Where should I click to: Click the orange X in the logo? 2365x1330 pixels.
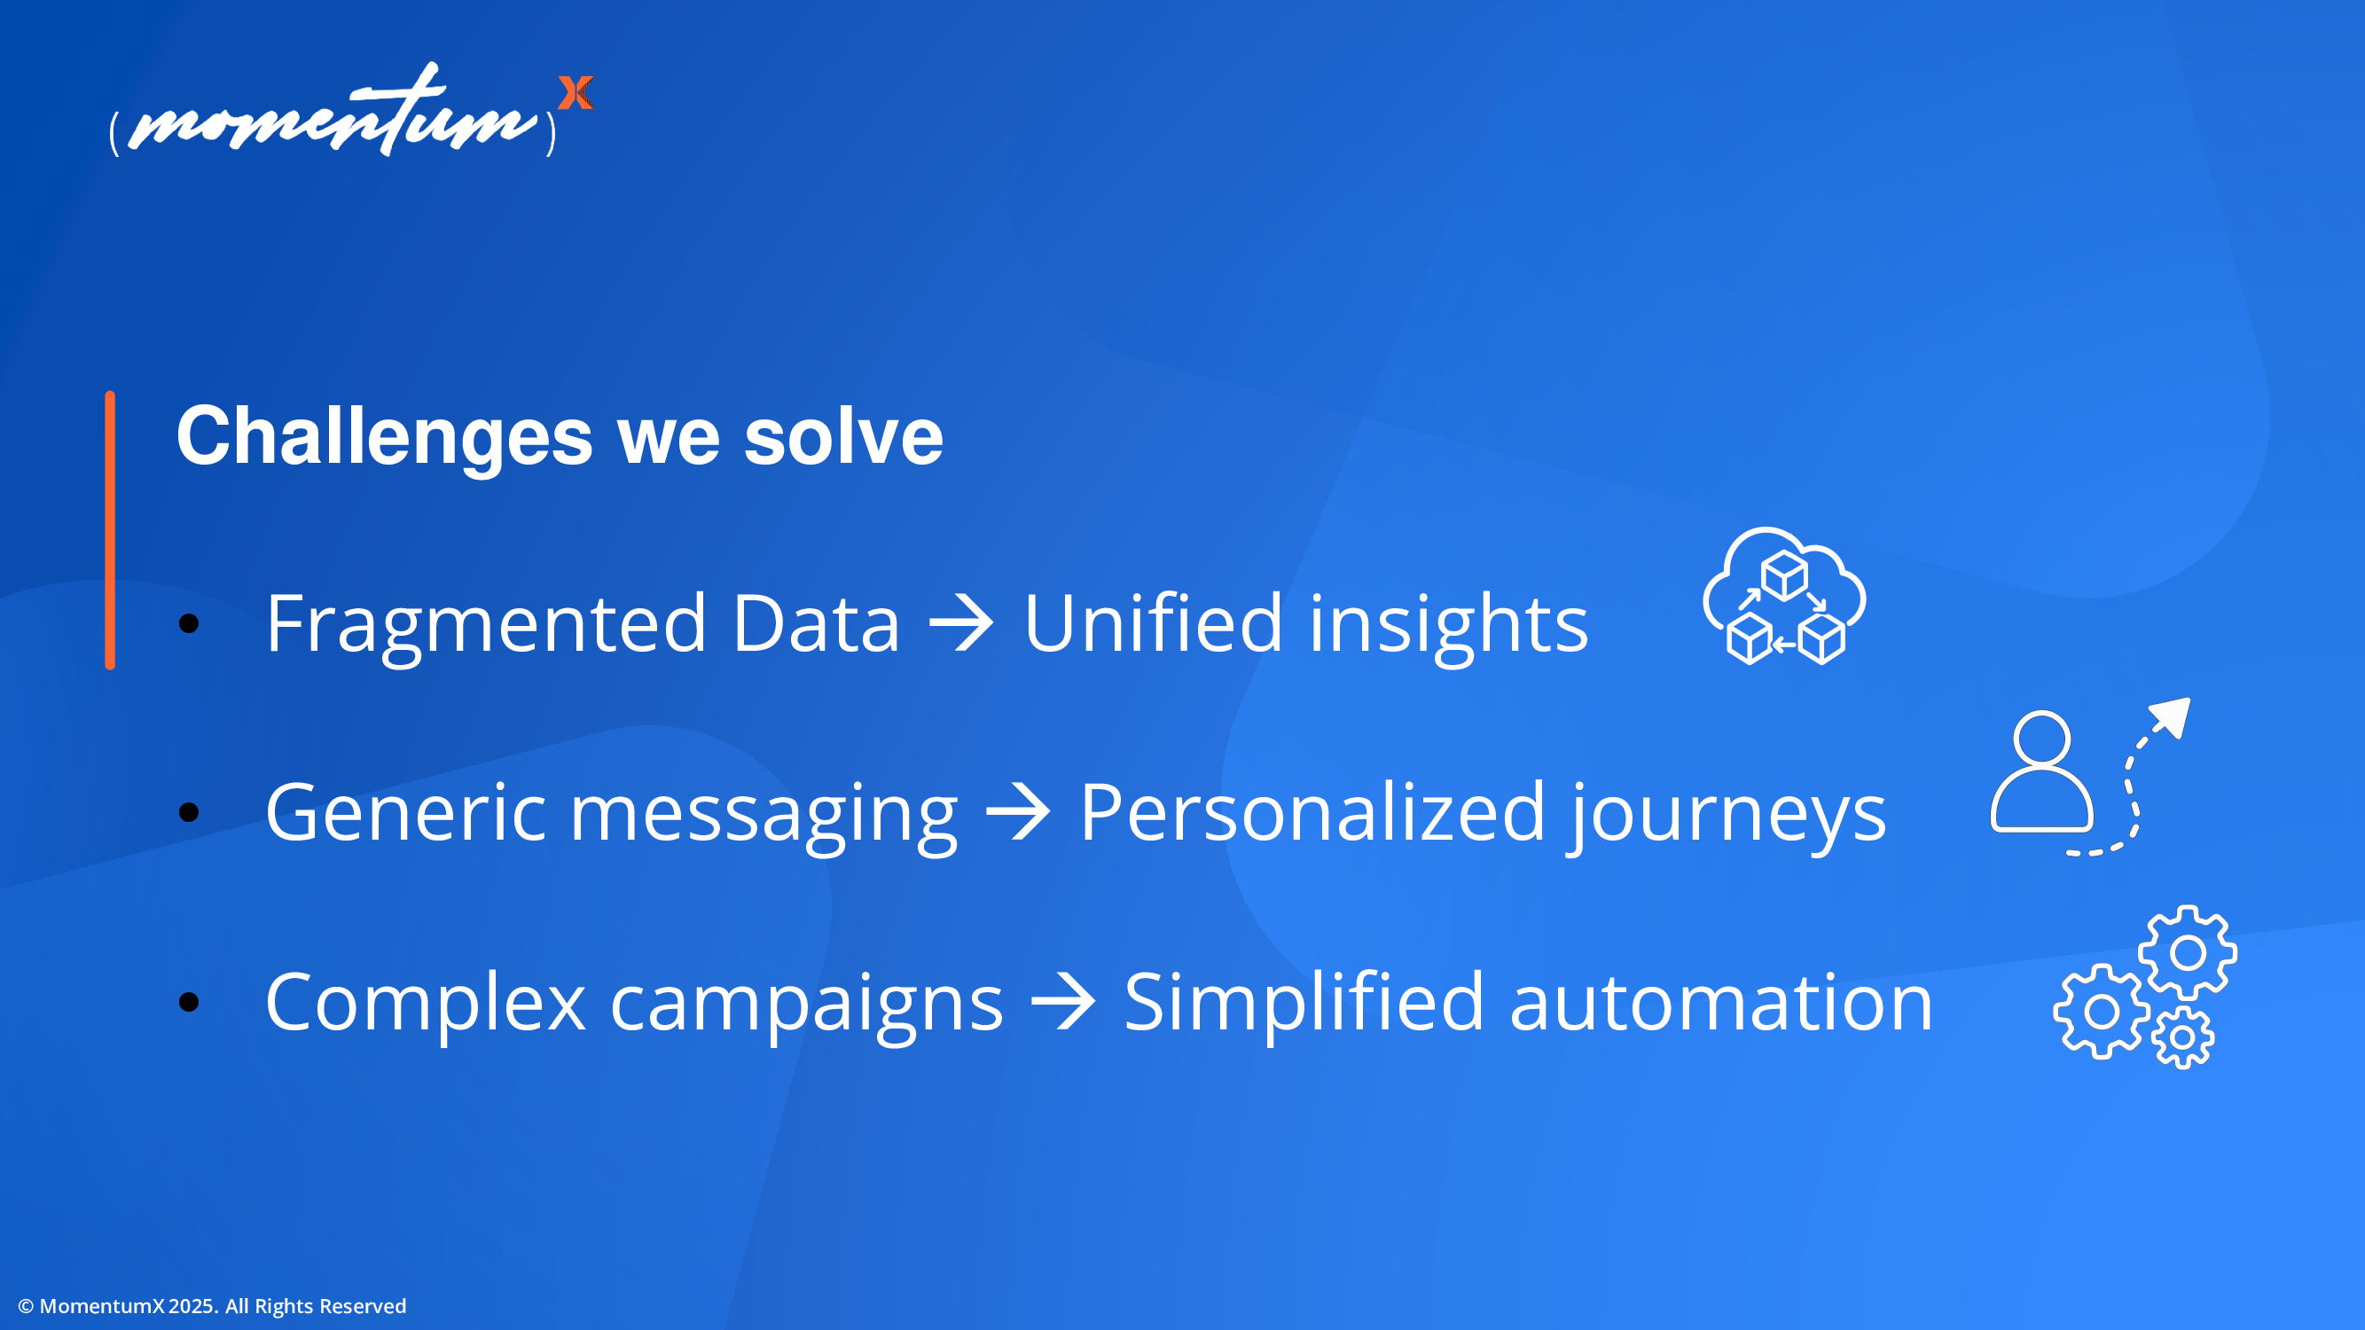click(x=576, y=93)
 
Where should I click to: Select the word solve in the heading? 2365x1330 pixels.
click(x=842, y=436)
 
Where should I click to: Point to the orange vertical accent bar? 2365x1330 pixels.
click(x=110, y=530)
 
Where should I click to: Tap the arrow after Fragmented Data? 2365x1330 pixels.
click(x=961, y=624)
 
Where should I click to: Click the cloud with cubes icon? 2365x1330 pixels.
click(x=1784, y=596)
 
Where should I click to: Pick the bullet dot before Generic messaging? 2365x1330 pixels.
click(x=189, y=812)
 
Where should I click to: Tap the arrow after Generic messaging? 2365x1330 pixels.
click(x=1017, y=812)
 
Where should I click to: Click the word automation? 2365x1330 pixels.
click(x=1721, y=1002)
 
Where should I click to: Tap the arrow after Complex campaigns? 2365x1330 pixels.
click(x=1063, y=1002)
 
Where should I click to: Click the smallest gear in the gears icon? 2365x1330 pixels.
click(x=2183, y=1038)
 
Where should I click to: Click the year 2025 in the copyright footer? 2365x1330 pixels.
click(x=191, y=1306)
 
